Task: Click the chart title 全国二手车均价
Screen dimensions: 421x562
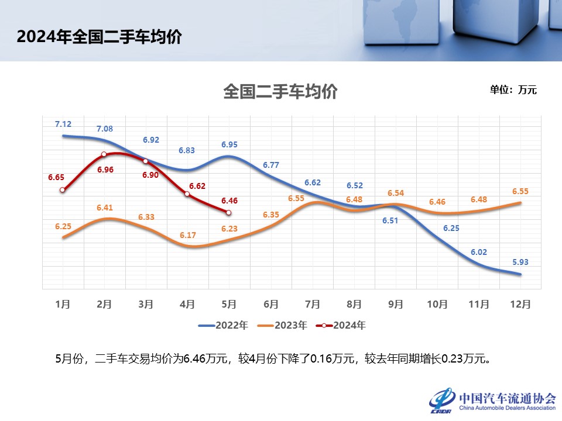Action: (x=280, y=92)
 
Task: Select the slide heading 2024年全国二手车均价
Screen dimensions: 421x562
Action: (x=99, y=37)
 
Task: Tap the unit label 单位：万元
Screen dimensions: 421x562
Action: (x=513, y=90)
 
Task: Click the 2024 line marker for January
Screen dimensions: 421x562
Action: (x=63, y=190)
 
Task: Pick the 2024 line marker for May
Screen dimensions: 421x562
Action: (x=229, y=213)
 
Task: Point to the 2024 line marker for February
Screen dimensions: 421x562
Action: (x=104, y=154)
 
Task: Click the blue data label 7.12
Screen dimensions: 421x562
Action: (x=63, y=124)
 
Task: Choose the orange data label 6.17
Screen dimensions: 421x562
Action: (x=188, y=235)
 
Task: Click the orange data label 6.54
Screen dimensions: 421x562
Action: (x=396, y=193)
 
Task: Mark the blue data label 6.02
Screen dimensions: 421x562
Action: (x=479, y=251)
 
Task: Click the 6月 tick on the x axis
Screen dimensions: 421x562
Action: (x=270, y=305)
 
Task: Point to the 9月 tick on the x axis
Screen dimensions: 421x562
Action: (x=396, y=305)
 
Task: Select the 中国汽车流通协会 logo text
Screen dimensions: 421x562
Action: (x=508, y=398)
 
